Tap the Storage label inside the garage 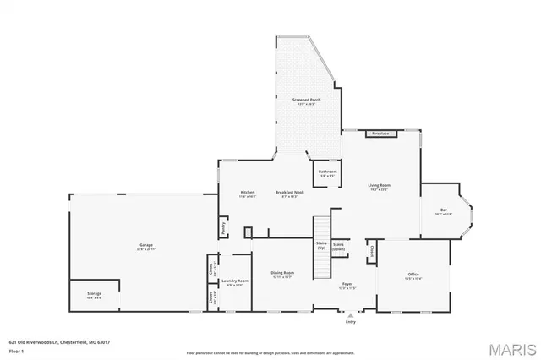pyautogui.click(x=94, y=295)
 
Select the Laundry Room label pyautogui.click(x=234, y=281)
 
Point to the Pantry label pyautogui.click(x=223, y=226)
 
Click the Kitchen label pyautogui.click(x=248, y=193)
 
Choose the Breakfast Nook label pyautogui.click(x=289, y=193)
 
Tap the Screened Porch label pyautogui.click(x=306, y=100)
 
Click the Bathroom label pyautogui.click(x=327, y=172)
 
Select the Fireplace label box pyautogui.click(x=380, y=133)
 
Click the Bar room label pyautogui.click(x=443, y=210)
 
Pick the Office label pyautogui.click(x=413, y=275)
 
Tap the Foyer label pyautogui.click(x=347, y=284)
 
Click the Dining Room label pyautogui.click(x=282, y=274)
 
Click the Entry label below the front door pyautogui.click(x=351, y=322)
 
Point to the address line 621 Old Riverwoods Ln pyautogui.click(x=59, y=341)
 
